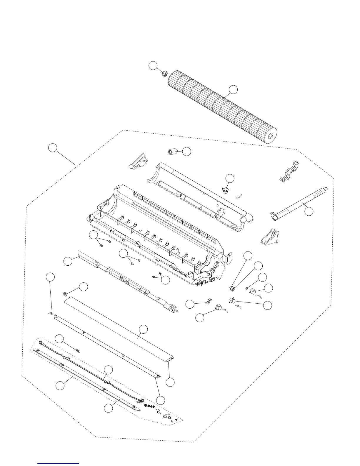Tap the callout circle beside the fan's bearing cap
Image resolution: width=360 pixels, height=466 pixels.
click(x=153, y=66)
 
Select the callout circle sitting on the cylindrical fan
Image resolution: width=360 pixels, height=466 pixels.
click(x=234, y=89)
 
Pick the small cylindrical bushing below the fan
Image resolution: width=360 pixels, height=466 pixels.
click(x=171, y=152)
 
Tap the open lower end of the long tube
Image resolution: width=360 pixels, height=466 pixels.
click(x=275, y=217)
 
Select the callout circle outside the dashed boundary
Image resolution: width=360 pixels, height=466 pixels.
click(x=53, y=148)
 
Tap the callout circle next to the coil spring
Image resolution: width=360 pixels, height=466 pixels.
click(x=84, y=287)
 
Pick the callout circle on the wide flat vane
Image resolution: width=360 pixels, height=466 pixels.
click(x=143, y=329)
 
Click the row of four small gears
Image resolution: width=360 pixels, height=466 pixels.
click(x=149, y=406)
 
